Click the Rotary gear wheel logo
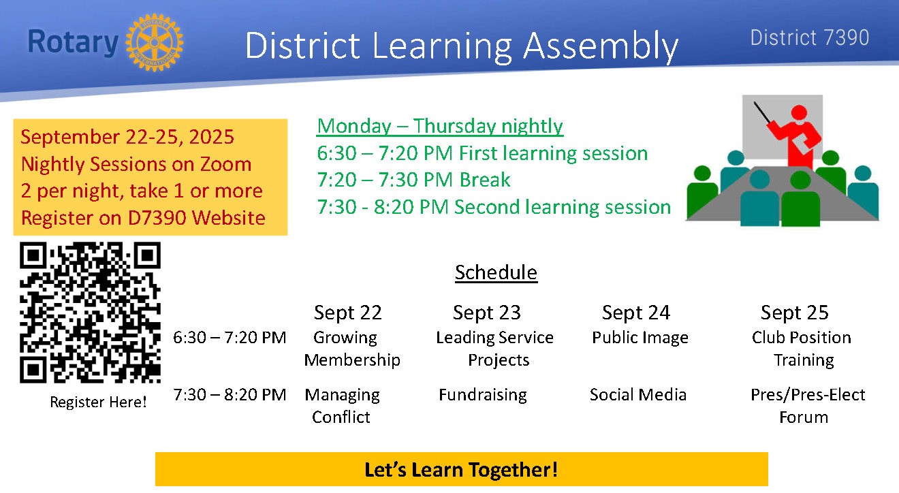(x=155, y=42)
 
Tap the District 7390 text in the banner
(x=810, y=37)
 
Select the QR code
(x=91, y=313)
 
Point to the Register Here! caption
(x=98, y=402)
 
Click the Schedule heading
(x=496, y=272)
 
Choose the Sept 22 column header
(x=347, y=313)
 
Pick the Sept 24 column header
(x=635, y=313)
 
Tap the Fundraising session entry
(x=483, y=395)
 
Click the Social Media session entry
(x=638, y=395)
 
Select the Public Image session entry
(x=640, y=338)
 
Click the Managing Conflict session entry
(x=342, y=406)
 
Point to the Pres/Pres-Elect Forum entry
(x=808, y=406)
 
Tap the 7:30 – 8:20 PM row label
(x=230, y=395)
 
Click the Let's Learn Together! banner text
(x=461, y=470)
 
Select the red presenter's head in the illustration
(x=799, y=112)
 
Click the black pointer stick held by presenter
(x=762, y=112)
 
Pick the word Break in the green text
(x=485, y=179)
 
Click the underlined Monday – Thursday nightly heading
(x=440, y=127)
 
